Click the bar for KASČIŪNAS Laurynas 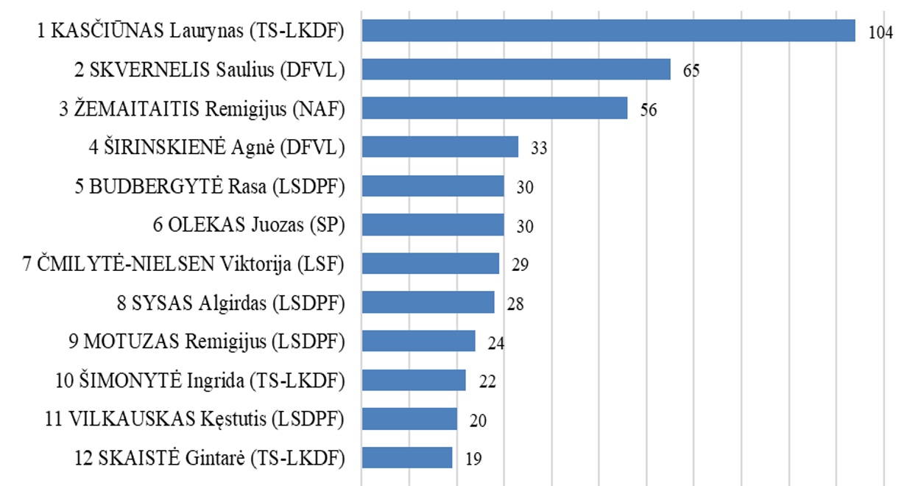coord(608,30)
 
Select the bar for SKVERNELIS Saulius coord(516,69)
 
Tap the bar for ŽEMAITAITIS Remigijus coord(495,108)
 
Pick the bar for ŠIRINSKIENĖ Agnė coord(440,147)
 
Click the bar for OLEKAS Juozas coord(433,225)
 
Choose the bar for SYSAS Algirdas coord(428,303)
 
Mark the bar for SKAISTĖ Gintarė coord(407,457)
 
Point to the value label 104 coord(880,34)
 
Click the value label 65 coord(691,71)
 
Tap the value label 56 coord(648,110)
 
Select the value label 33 coord(539,149)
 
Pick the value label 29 coord(520,265)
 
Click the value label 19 coord(473,459)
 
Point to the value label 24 coord(495,343)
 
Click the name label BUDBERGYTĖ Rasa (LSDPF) coord(210,186)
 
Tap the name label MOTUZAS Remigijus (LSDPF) coord(206,342)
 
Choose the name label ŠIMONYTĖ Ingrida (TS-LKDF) coord(200,381)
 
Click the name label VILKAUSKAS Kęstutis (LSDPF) coord(195,420)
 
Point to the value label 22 coord(487,382)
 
